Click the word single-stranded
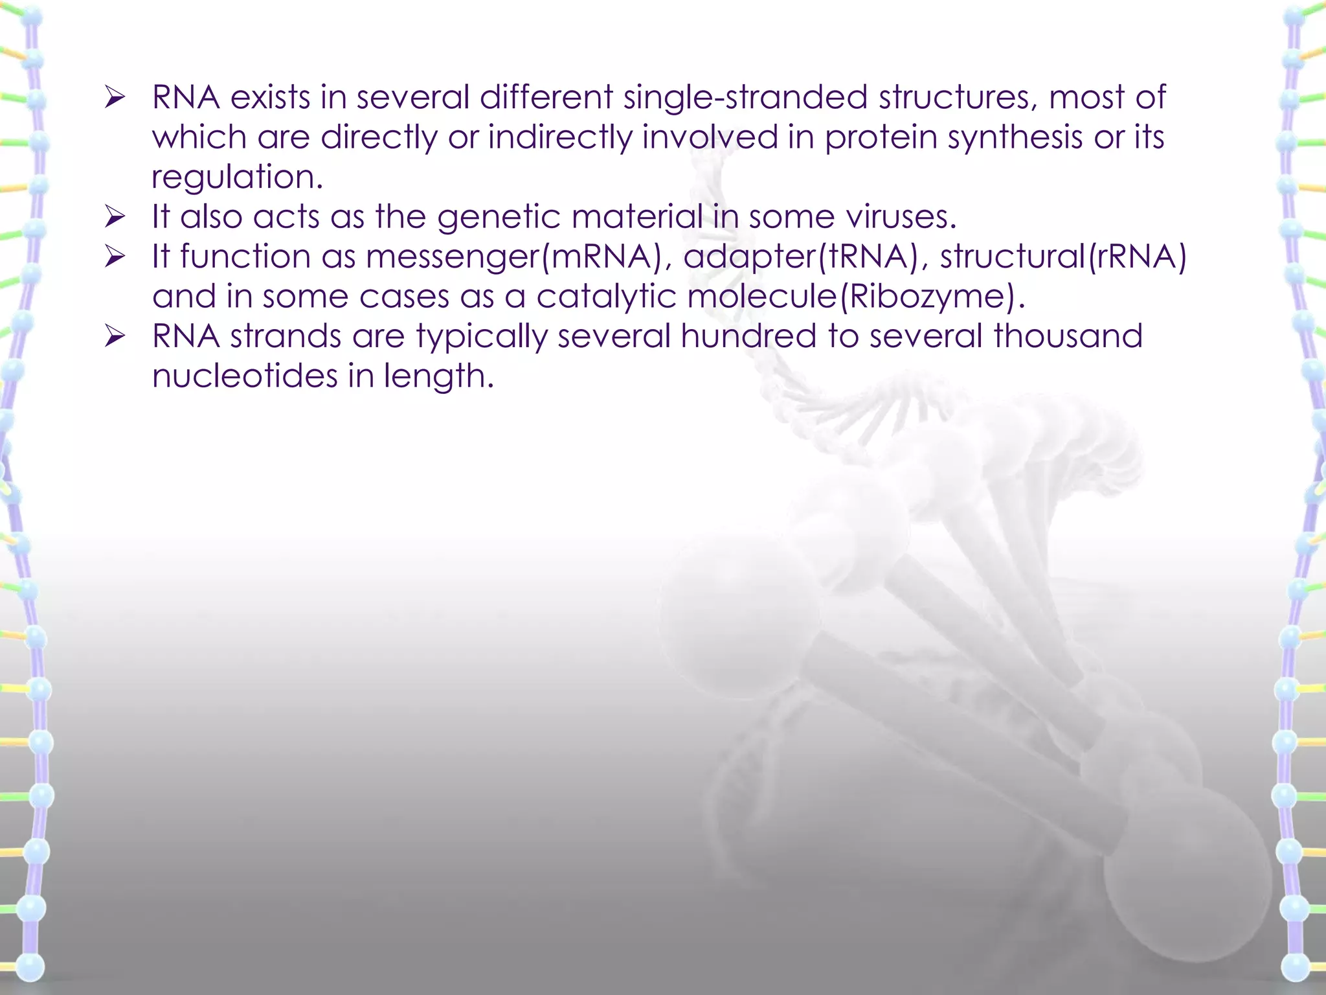745,98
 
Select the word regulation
237,177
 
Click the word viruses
901,217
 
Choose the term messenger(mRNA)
518,257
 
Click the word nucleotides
245,376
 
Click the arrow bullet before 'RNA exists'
115,98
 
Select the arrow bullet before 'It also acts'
115,218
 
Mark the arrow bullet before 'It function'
115,258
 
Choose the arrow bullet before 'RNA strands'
115,337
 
